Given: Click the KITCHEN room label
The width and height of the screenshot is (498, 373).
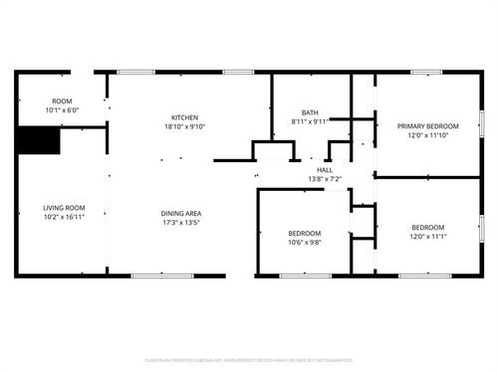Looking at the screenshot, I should [x=184, y=117].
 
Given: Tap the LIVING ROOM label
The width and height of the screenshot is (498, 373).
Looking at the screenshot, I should [x=63, y=207].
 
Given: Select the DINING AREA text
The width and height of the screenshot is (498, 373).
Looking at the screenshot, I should [x=182, y=213].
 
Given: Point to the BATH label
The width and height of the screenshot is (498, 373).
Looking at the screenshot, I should [x=310, y=112].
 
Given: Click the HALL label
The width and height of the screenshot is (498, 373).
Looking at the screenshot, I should [x=325, y=170].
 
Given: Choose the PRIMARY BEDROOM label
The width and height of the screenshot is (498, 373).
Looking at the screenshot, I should [x=428, y=126].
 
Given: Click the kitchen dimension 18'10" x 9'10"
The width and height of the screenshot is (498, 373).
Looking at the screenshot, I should [x=184, y=126].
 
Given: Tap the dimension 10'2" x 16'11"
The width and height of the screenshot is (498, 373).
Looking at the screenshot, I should [x=63, y=216].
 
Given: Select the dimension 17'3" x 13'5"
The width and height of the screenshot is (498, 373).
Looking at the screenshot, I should [x=182, y=222].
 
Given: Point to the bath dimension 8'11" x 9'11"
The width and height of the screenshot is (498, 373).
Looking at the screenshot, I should [x=310, y=121].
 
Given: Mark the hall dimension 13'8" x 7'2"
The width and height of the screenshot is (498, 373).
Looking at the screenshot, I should [x=325, y=179].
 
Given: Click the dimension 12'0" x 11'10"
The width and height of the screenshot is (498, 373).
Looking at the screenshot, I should [x=428, y=135].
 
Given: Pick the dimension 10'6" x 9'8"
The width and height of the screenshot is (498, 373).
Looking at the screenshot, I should [x=305, y=241].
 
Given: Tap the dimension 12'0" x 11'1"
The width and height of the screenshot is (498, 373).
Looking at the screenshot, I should [x=428, y=237].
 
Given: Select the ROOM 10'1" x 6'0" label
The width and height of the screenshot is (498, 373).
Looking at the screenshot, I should [x=62, y=105].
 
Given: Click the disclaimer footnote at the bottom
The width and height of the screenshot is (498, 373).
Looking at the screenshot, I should [x=249, y=360].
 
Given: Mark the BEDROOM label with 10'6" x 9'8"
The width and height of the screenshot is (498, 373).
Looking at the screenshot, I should [x=305, y=232].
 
